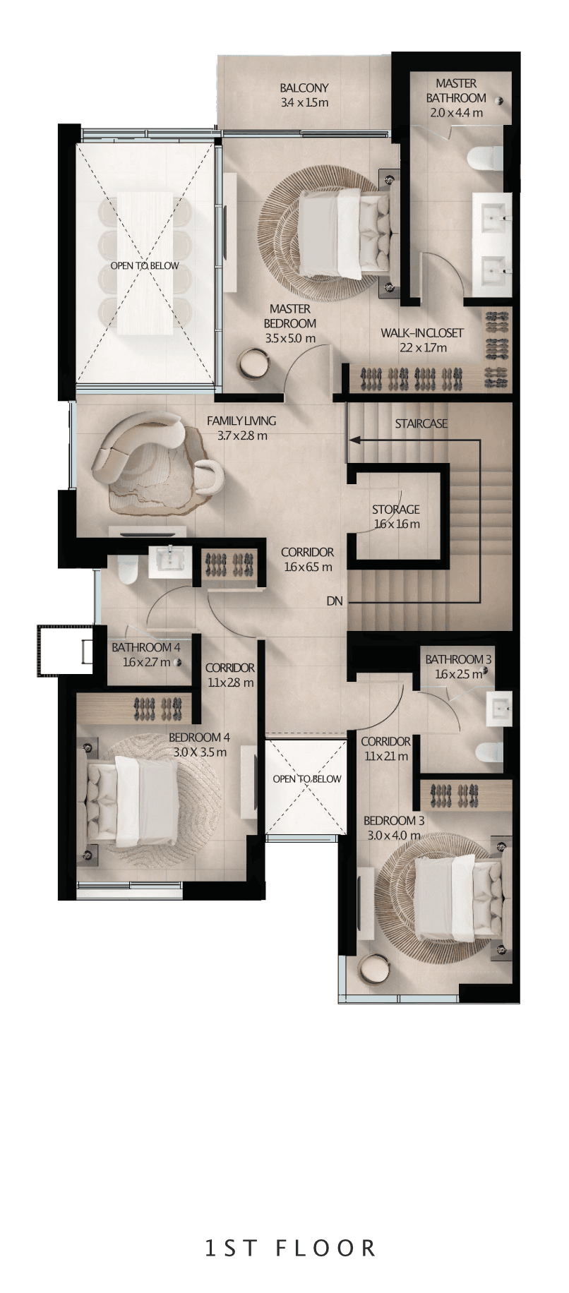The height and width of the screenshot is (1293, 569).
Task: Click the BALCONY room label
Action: (x=304, y=88)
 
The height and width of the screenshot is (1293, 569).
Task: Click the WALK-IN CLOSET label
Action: (x=422, y=332)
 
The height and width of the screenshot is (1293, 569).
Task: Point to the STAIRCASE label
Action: (x=421, y=423)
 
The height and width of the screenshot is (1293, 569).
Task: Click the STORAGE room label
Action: (x=396, y=509)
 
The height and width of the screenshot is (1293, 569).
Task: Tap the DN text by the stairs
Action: (x=335, y=601)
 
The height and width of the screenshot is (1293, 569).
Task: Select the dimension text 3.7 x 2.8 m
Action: (x=242, y=435)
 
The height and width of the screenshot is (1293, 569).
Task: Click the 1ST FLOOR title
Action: (x=291, y=1247)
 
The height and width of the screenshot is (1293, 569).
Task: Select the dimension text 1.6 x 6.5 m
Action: (x=308, y=567)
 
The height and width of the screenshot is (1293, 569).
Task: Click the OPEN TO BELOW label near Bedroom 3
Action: (x=306, y=778)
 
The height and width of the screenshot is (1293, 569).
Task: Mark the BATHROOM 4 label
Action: (x=146, y=647)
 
